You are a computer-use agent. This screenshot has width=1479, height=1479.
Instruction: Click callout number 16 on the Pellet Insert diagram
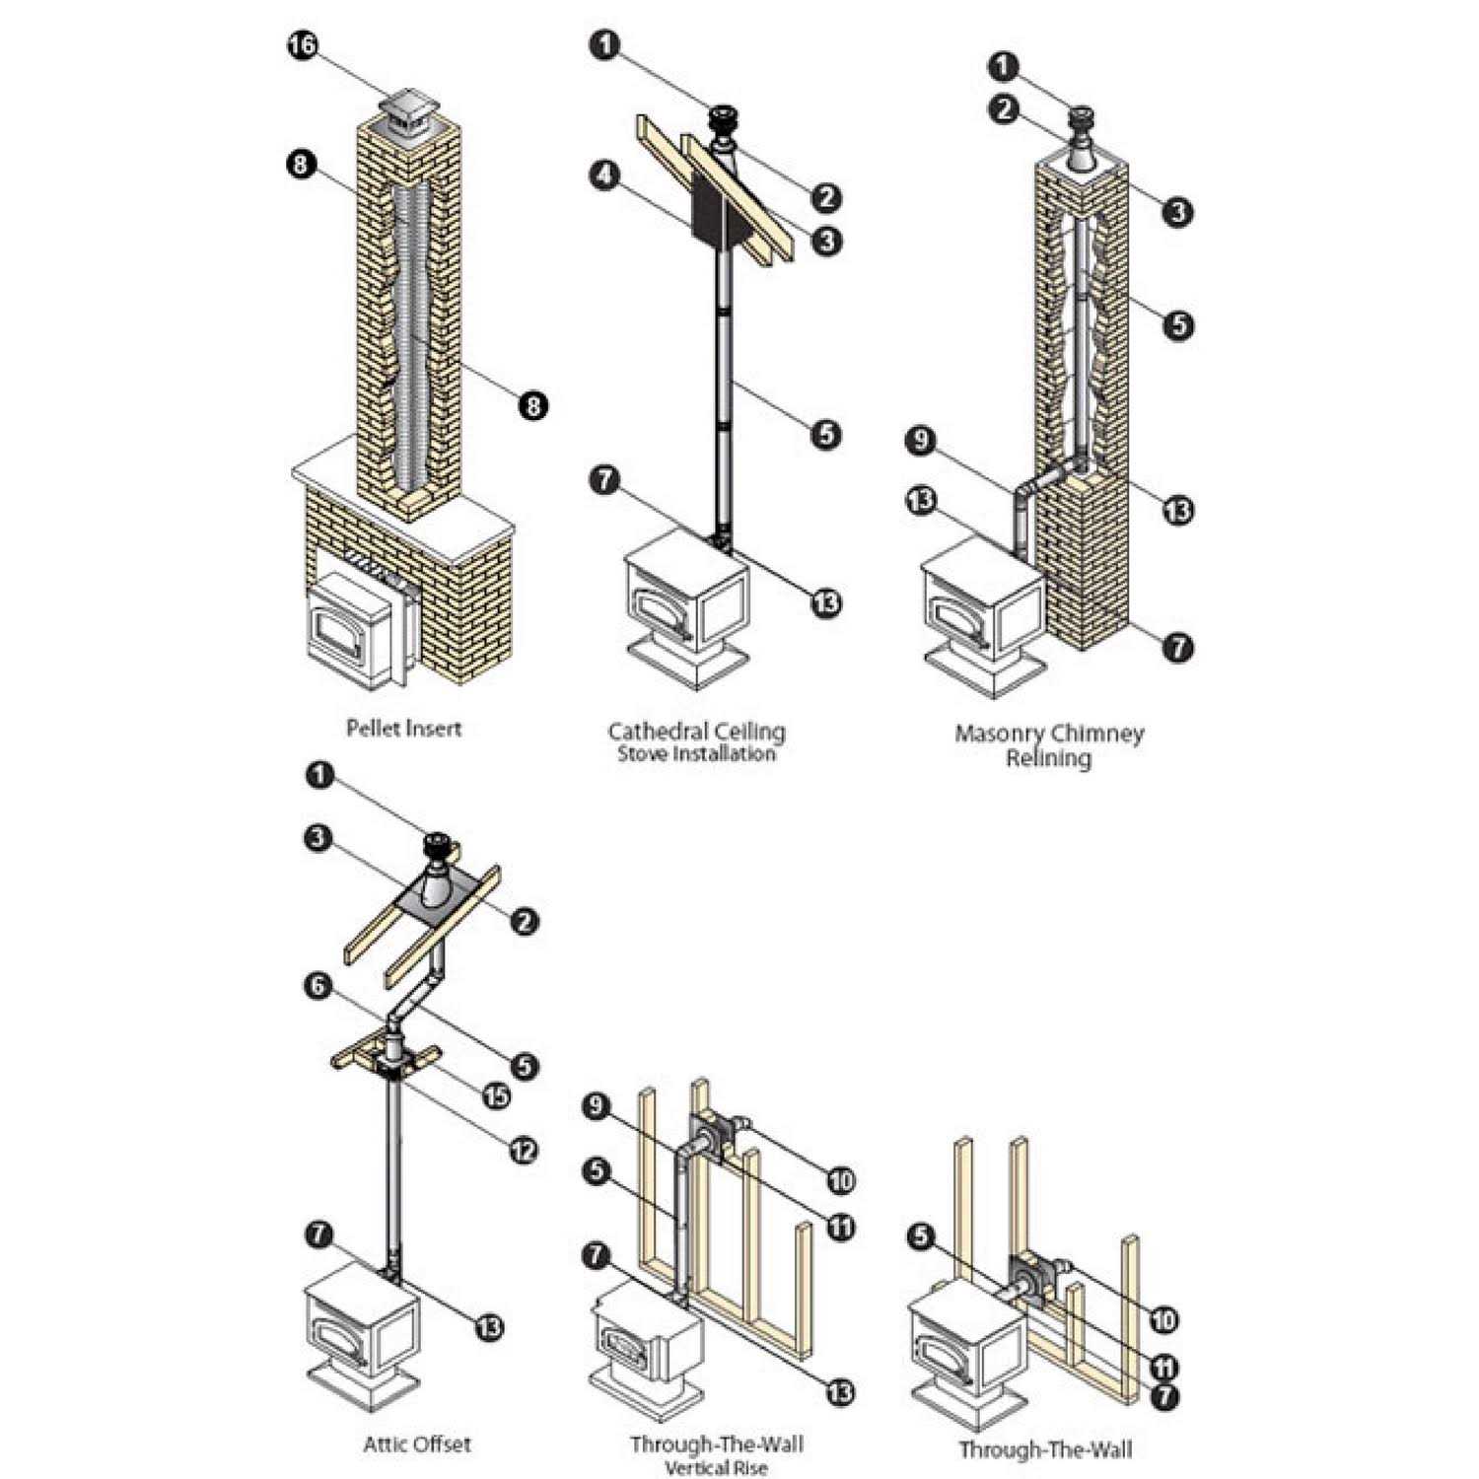[302, 45]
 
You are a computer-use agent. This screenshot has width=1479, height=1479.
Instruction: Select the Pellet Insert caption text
[403, 728]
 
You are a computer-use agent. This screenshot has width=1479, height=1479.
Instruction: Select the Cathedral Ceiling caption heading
[696, 732]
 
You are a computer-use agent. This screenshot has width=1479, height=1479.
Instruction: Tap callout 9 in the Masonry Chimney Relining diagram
[920, 440]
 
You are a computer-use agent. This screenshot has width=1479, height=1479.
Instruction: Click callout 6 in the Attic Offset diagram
[317, 987]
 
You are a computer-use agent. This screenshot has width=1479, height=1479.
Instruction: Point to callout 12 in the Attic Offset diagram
[524, 1149]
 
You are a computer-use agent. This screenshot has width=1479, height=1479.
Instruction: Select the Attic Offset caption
[417, 1444]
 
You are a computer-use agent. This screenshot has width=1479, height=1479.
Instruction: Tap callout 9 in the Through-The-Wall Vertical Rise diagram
[595, 1105]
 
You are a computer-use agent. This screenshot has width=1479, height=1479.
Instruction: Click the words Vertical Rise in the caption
[716, 1468]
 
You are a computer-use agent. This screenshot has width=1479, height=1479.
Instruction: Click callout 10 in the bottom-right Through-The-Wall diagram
[1163, 1319]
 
